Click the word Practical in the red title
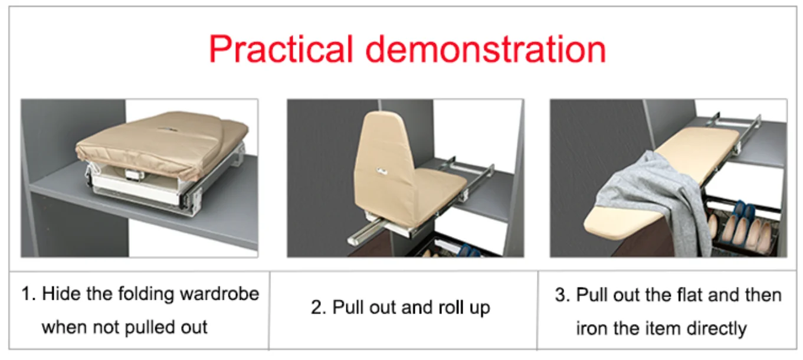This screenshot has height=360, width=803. coord(281,50)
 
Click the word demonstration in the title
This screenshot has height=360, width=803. coord(486,49)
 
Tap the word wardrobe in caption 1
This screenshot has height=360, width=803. coord(219,294)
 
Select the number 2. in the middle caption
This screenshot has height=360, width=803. coord(319,307)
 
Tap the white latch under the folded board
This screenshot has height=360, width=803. coord(134,175)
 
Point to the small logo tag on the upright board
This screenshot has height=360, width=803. coord(382,171)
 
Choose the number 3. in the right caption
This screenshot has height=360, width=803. coord(562,294)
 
